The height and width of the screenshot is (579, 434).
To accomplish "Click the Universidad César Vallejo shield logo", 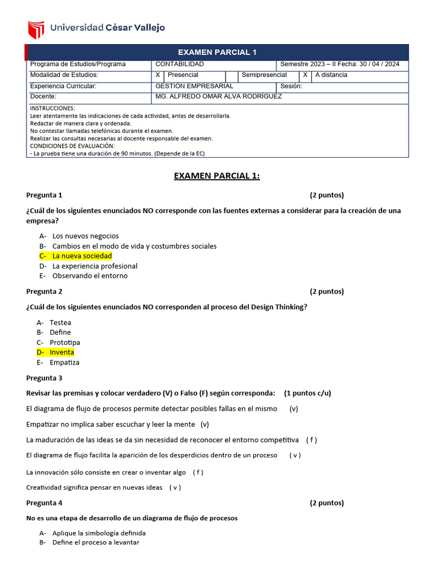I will point(36,28).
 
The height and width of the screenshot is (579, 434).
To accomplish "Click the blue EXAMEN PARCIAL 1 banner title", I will point(218,52).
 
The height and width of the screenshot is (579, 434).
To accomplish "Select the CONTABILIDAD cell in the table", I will point(179,64).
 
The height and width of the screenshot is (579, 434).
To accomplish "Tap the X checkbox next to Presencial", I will point(158,75).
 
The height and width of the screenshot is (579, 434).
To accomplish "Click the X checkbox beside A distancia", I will point(305,75).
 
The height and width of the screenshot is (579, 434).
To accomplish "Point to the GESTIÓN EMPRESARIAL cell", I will point(194,86).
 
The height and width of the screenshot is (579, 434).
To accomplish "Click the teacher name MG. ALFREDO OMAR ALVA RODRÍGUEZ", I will point(218,97).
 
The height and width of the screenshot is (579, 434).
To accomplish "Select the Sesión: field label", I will point(291,87).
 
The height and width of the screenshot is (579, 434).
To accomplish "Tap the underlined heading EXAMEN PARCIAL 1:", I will point(217,176).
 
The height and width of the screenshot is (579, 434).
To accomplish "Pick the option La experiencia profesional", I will point(94,266).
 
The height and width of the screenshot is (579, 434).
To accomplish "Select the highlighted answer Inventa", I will point(62,352).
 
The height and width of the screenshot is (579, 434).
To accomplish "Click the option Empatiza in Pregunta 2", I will point(64,362).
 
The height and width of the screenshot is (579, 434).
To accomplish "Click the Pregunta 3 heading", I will point(44,378).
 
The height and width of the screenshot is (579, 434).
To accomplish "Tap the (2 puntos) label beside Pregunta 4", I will point(327,503).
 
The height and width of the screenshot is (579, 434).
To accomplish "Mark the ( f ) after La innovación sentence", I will point(198,472).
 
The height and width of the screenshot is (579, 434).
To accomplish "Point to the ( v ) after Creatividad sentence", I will point(175,487).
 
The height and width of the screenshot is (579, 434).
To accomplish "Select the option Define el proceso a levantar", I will point(96,542).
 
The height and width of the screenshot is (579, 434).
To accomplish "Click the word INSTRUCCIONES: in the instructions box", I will point(52,108).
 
